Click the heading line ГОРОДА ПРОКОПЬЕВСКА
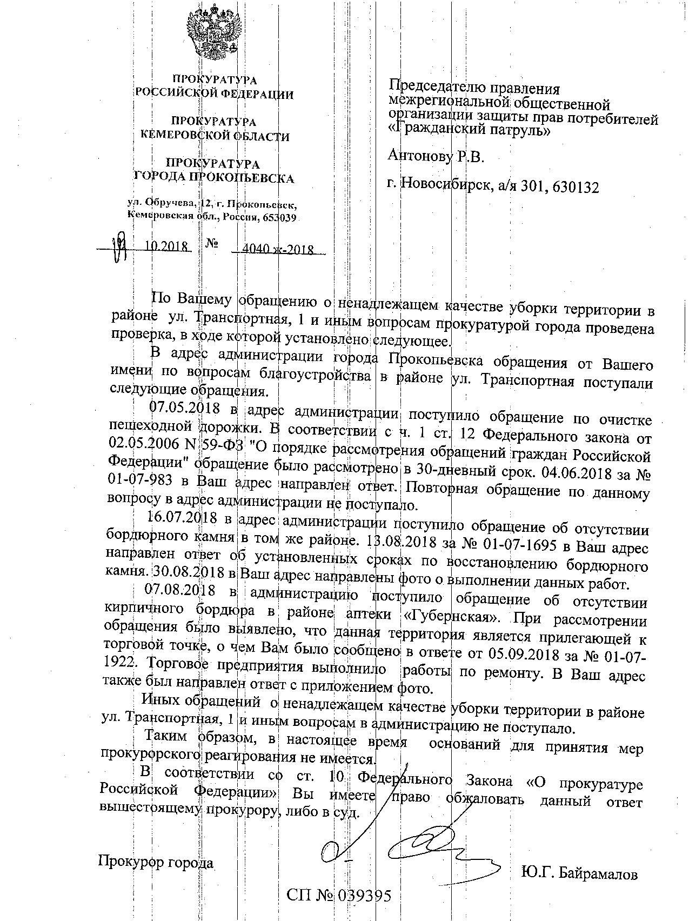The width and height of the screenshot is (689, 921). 214,177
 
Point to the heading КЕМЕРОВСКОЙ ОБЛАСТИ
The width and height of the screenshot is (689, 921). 215,137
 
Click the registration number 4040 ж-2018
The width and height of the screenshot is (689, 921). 279,250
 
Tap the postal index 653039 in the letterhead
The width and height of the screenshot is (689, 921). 279,217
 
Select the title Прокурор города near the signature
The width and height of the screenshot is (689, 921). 156,862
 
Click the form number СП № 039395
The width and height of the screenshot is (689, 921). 339,896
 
